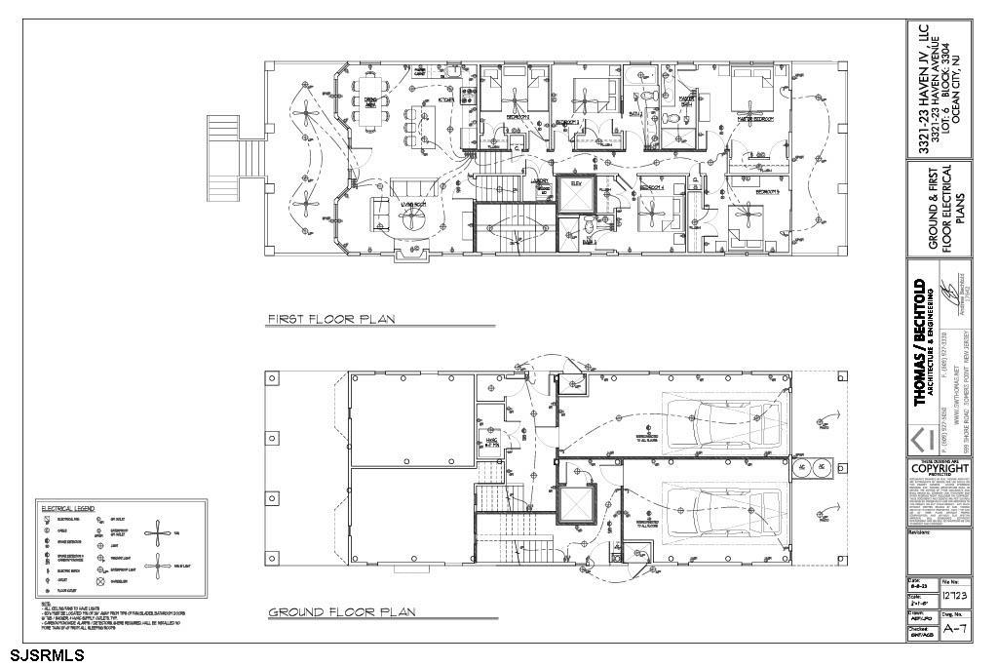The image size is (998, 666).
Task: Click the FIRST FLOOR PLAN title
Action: click(330, 319)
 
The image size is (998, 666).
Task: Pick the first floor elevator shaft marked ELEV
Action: click(574, 192)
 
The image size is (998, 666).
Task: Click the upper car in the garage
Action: click(716, 420)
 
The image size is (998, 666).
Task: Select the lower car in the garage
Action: click(716, 508)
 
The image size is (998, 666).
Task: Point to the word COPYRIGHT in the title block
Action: click(939, 469)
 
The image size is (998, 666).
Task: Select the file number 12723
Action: click(954, 595)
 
